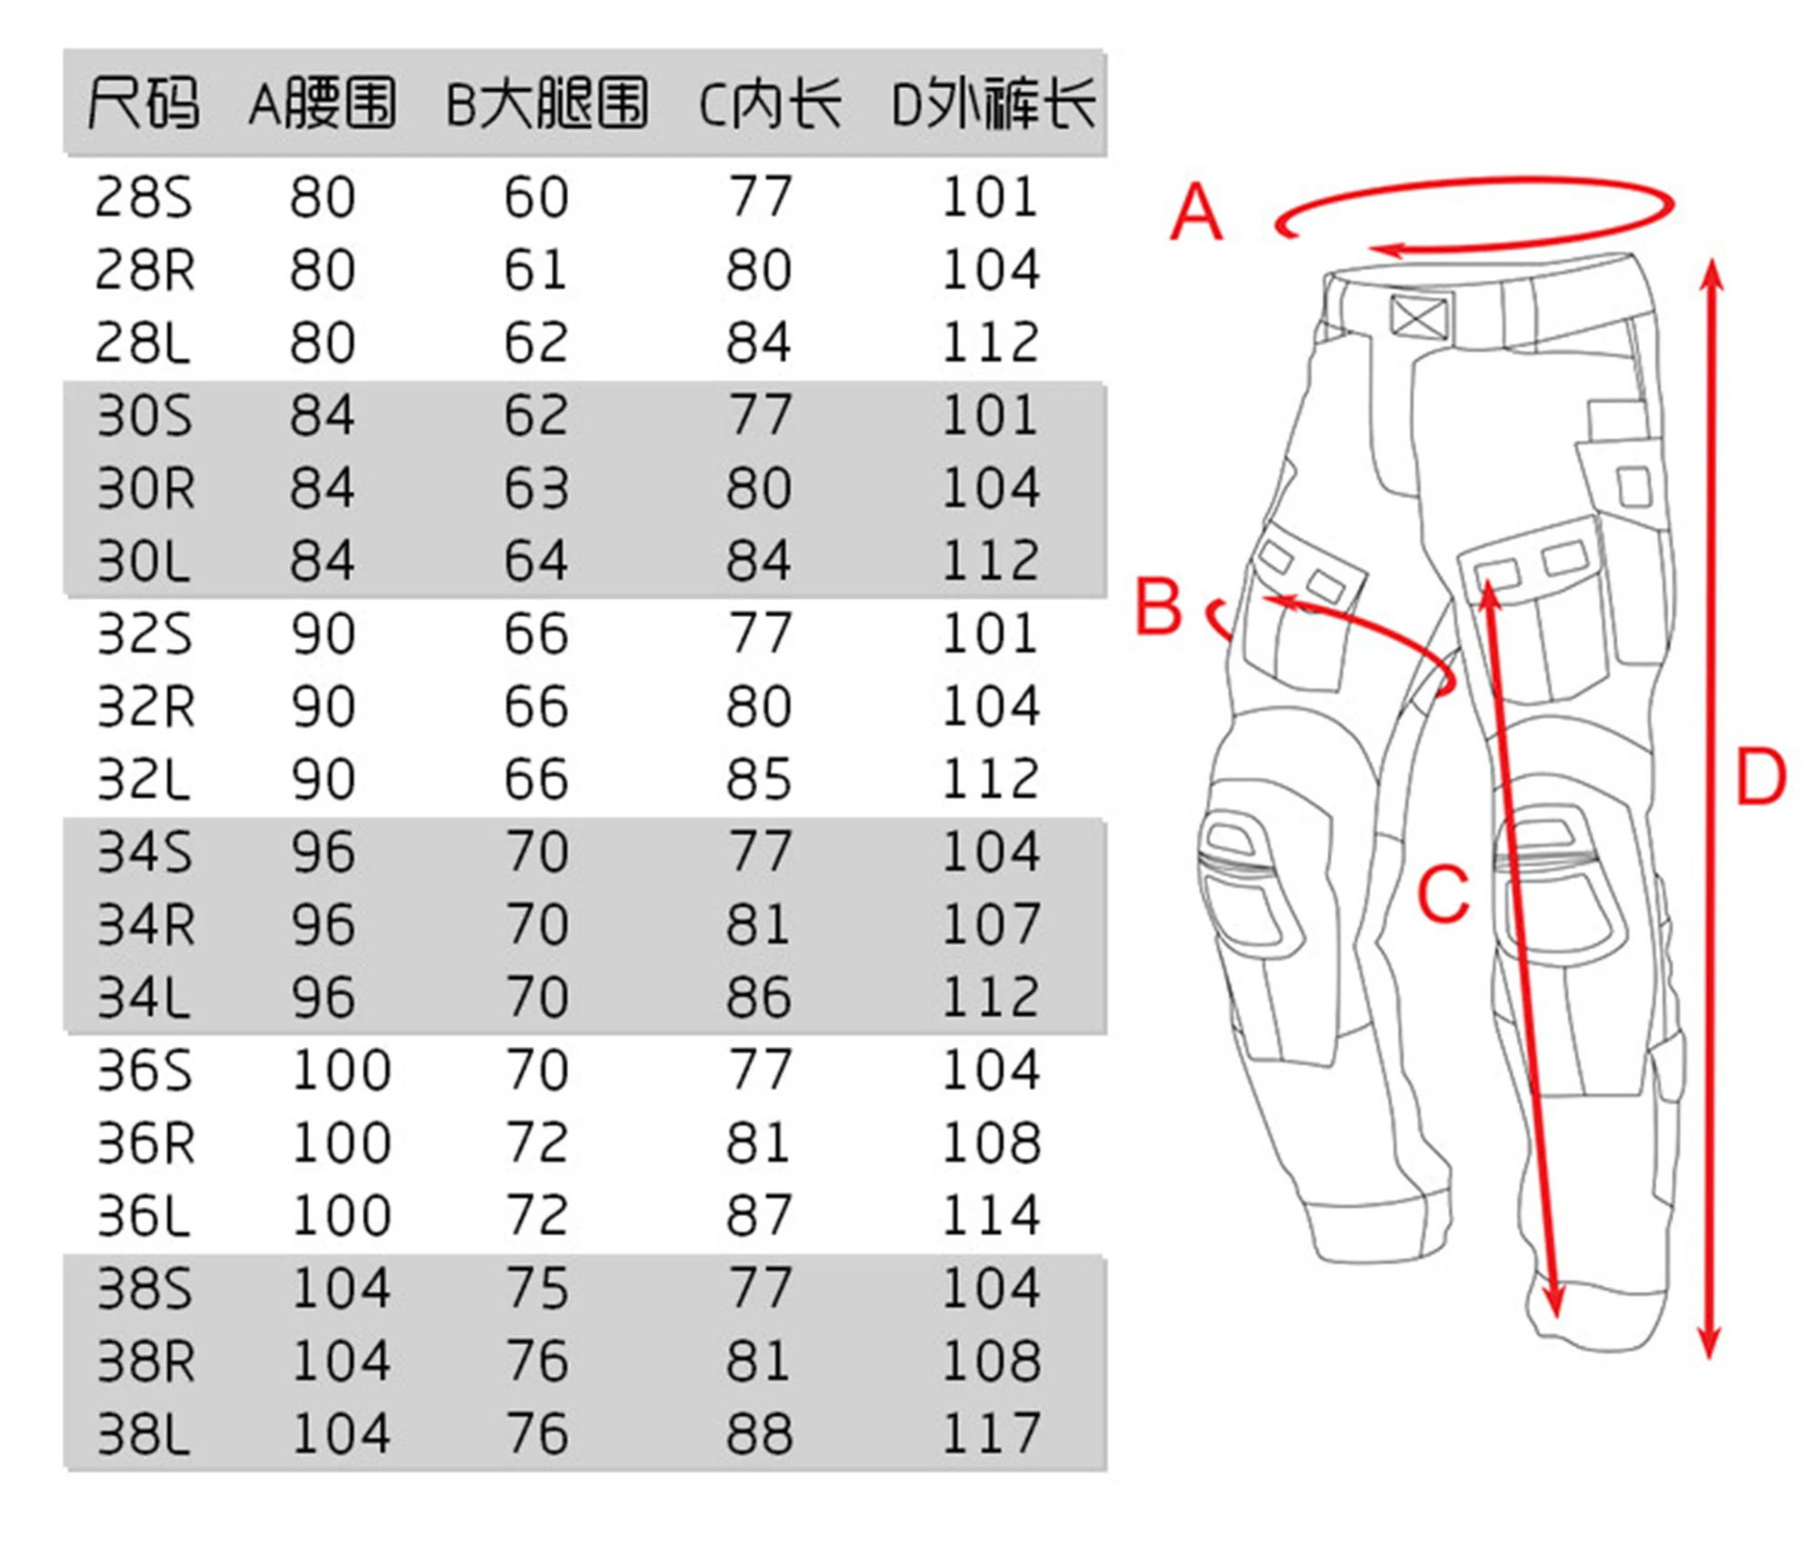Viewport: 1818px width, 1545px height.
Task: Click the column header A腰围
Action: (323, 103)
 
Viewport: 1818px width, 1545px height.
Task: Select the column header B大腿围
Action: (547, 103)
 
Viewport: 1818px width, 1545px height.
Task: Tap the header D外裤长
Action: (994, 103)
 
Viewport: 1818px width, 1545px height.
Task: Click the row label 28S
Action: (144, 197)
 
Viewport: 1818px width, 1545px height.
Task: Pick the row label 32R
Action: (145, 707)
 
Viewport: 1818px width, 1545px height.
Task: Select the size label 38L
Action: (144, 1434)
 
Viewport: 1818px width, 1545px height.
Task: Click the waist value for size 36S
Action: (341, 1071)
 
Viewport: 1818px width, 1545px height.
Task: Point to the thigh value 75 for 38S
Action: (537, 1289)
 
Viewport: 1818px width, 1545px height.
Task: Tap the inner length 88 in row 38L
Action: (759, 1434)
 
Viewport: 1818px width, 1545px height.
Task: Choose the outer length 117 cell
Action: (991, 1434)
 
